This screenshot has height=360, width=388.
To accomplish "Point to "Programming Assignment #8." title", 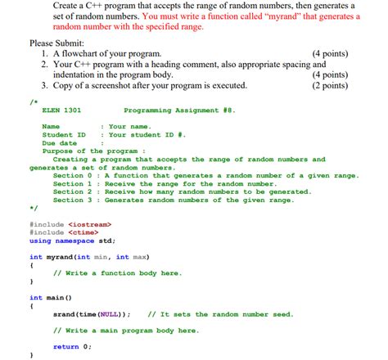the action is (x=179, y=110).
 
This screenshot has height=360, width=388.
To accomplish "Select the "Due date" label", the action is (x=59, y=142).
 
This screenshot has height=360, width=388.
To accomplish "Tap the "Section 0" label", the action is (x=68, y=175).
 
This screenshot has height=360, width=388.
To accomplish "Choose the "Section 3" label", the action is (x=68, y=200).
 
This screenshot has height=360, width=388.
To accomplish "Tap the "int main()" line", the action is (x=51, y=298).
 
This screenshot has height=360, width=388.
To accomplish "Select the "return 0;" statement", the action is (x=72, y=346).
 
